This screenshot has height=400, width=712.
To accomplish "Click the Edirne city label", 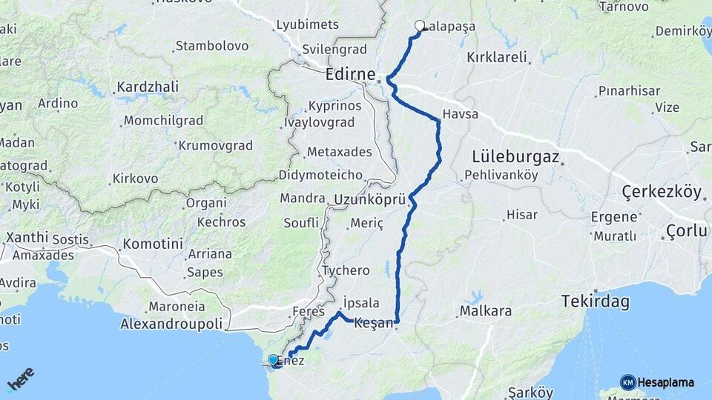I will (x=352, y=75).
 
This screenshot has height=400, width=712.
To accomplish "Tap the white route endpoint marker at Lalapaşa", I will (x=420, y=26).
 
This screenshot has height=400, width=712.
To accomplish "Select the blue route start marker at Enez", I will (x=274, y=361).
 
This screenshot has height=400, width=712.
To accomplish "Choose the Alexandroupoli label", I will (x=171, y=324).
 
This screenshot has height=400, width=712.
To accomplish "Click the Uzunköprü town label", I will (x=370, y=200).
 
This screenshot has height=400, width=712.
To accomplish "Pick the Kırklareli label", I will (x=497, y=57).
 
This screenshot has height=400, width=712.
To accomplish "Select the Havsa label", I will (x=460, y=115).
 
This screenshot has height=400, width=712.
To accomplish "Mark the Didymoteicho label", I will (x=320, y=176).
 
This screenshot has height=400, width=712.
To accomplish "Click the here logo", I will (x=20, y=379).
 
